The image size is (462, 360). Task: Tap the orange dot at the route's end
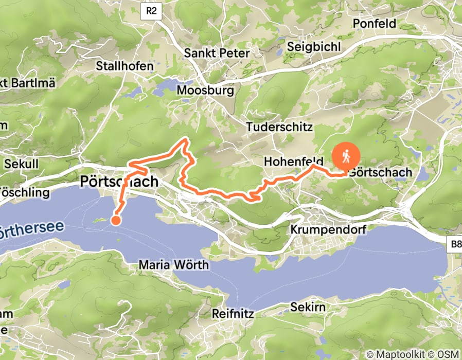pos(116,221)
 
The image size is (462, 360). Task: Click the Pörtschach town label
pos(120,182)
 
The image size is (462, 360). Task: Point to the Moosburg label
pos(205,91)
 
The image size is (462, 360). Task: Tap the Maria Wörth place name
pos(174,265)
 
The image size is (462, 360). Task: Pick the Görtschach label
pos(380,172)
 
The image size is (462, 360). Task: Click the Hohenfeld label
pos(293,161)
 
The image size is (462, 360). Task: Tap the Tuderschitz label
pos(279,127)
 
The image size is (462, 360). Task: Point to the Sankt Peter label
pos(217,53)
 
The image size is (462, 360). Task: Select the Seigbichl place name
pos(314,46)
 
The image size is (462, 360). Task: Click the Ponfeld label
pos(374,24)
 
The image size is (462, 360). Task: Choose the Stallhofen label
pos(125,66)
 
